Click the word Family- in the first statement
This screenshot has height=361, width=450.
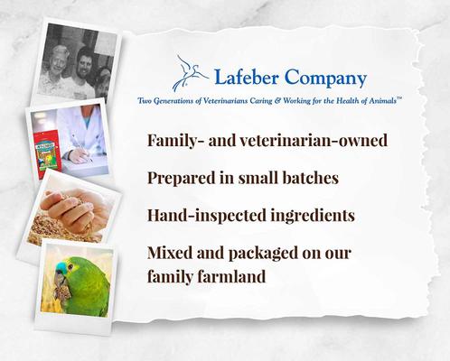coord(177,141)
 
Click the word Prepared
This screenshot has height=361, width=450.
coord(183,178)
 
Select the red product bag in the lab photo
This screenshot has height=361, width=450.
coord(46,138)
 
